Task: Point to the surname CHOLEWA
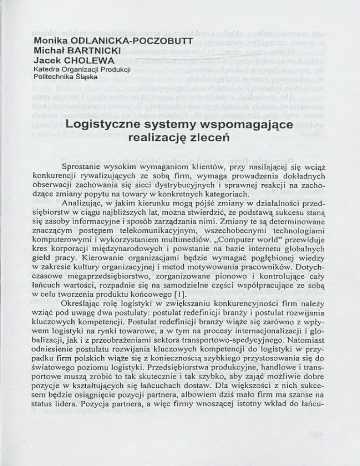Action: pyautogui.click(x=83, y=60)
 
